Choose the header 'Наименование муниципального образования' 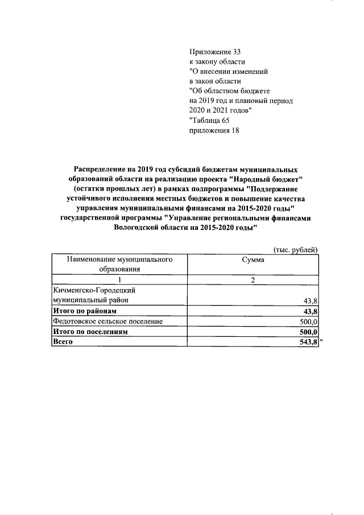coord(119,264)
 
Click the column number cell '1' coord(119,279)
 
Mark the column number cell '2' coord(253,279)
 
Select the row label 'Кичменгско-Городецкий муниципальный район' coord(94,295)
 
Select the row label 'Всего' coord(63,342)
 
